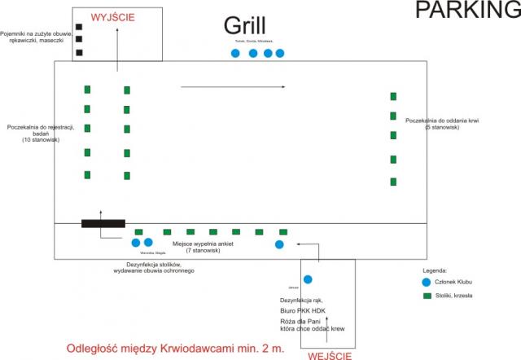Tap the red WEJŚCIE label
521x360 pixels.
pos(329,355)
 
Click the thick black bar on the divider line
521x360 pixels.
pos(103,223)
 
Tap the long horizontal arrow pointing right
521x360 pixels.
pos(233,86)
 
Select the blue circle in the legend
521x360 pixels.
pos(427,281)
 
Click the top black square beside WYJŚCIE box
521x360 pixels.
pos(79,27)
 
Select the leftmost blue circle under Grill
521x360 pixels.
pos(236,54)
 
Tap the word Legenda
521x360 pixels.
pos(436,270)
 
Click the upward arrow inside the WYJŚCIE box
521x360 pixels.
pos(116,49)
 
